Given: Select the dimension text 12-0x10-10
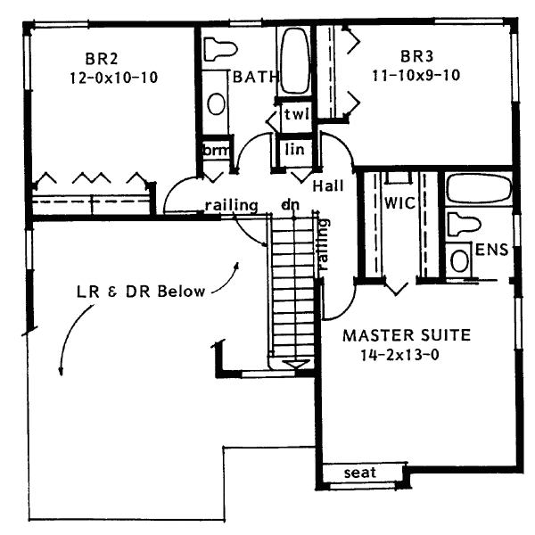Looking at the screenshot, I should [x=112, y=78].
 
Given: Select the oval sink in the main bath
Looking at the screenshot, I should [x=216, y=102].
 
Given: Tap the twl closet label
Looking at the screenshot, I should [x=295, y=115].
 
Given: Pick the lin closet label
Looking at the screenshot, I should [x=295, y=149].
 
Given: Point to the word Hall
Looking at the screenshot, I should [x=330, y=185].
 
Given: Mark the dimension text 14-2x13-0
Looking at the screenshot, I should [x=399, y=354].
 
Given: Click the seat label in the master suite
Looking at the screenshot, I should [x=359, y=473].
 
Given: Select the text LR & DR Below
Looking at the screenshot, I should [x=140, y=292].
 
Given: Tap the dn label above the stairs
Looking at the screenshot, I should [x=289, y=205].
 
